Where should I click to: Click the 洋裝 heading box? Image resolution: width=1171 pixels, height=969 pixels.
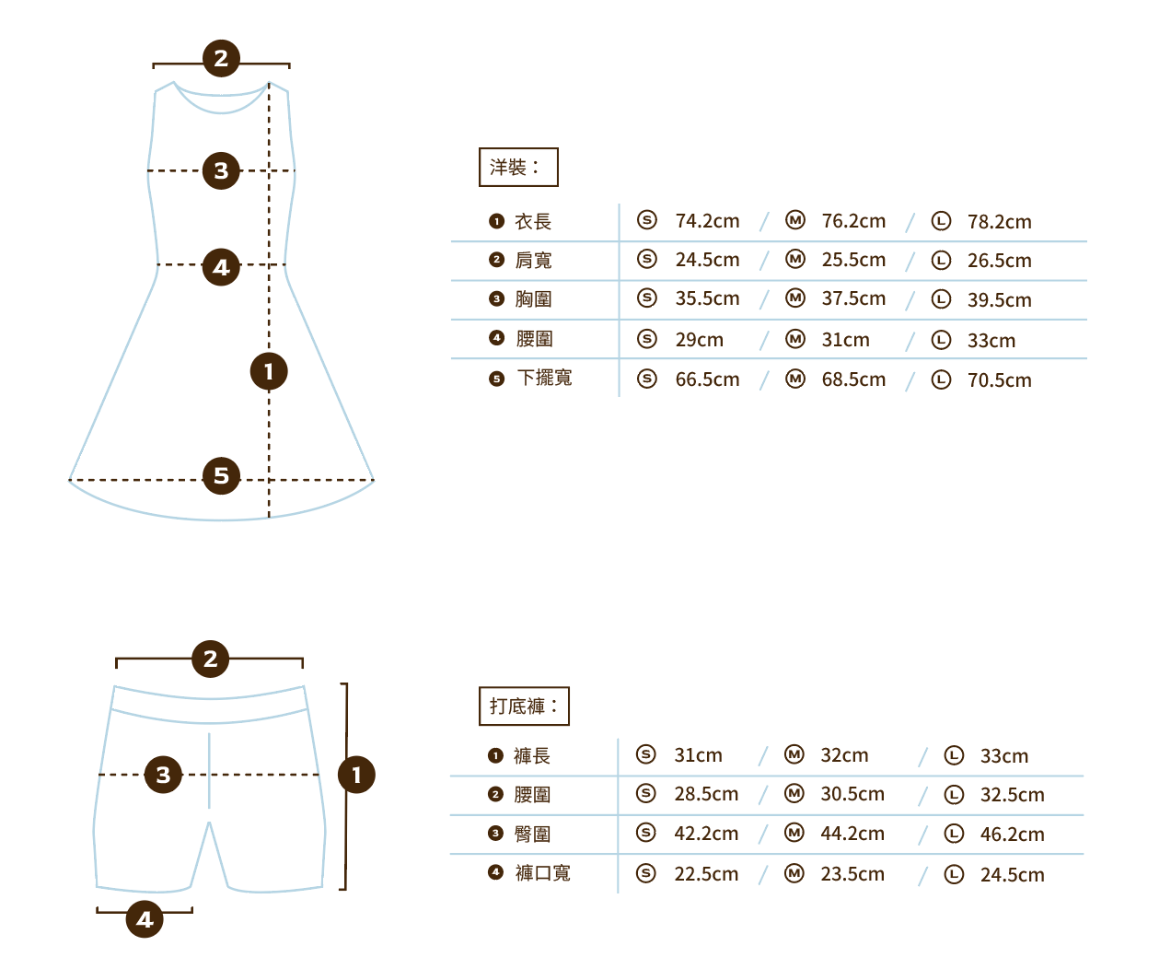(x=518, y=168)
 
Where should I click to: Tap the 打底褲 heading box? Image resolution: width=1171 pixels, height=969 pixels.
(x=524, y=706)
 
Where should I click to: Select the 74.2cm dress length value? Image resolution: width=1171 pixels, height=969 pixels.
(x=707, y=221)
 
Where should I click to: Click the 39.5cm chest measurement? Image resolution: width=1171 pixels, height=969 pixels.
(x=999, y=300)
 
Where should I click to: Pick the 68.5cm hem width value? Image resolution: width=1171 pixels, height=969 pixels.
(x=853, y=379)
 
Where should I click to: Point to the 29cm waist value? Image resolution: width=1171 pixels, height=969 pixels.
(x=699, y=340)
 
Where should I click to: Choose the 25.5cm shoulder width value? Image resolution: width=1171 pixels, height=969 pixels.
(x=853, y=260)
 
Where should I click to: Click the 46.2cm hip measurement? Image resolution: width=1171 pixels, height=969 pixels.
(x=1012, y=835)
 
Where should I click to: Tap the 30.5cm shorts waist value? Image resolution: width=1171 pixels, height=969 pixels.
(x=852, y=794)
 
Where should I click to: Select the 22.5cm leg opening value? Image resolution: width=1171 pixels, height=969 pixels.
(x=706, y=874)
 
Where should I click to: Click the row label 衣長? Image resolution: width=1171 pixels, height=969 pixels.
(x=533, y=222)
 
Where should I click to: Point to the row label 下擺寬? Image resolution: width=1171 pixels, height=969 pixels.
(x=544, y=379)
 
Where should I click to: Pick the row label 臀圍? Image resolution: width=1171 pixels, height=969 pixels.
(x=532, y=835)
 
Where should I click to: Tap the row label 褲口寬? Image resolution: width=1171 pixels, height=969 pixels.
(x=542, y=873)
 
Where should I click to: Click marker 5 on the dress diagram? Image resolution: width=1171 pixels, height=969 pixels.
(x=221, y=475)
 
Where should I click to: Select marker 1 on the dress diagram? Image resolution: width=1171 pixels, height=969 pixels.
(x=269, y=371)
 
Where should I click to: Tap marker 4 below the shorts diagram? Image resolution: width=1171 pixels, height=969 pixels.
(x=145, y=918)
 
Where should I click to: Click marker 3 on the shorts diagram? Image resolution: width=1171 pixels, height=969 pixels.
(x=163, y=775)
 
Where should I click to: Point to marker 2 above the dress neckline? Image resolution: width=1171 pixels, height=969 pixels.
(x=221, y=58)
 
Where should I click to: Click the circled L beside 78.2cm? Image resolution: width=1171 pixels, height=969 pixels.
(x=941, y=221)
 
